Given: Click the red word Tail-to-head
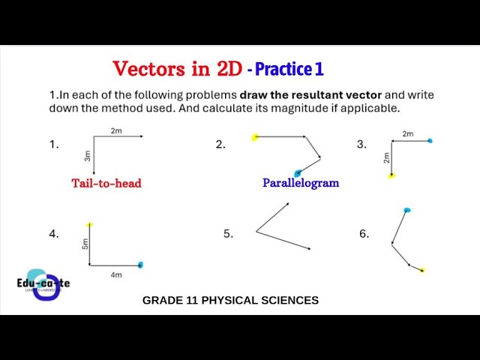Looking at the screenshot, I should point(106,183).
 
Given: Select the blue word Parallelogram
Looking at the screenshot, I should point(301,183).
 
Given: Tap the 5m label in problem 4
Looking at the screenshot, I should point(85,244).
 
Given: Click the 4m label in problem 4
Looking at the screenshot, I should point(116,275).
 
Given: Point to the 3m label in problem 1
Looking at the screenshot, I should point(87,156).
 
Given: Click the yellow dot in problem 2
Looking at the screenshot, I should point(255,136).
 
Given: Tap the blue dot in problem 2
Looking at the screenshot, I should point(298,173).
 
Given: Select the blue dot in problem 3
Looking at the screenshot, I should point(430,140).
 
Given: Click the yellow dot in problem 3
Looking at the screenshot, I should point(391,175).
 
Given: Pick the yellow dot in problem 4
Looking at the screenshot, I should point(89,224).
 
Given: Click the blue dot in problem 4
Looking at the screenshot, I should point(140,265).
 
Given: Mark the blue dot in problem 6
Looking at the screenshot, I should point(406,211).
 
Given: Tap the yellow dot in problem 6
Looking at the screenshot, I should point(422,270).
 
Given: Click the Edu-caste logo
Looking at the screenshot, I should point(43,284).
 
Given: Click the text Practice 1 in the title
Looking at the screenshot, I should point(289,69).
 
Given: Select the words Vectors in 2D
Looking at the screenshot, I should point(177,69).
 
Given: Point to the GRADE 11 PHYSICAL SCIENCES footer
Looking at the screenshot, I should point(230,300).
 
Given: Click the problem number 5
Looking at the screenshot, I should point(228,233).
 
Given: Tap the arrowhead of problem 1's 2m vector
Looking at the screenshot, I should point(141,136).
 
